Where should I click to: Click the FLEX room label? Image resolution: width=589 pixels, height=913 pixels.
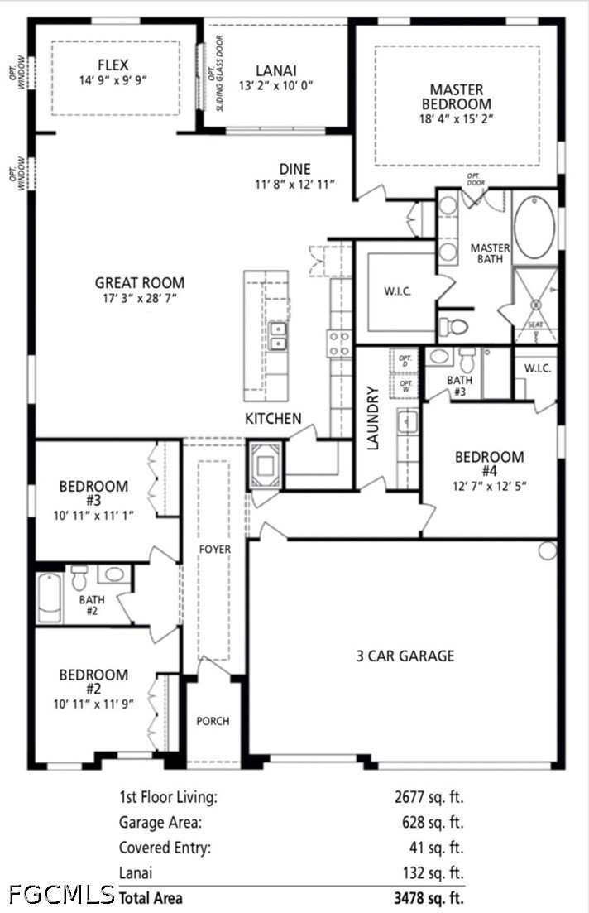[x=113, y=65]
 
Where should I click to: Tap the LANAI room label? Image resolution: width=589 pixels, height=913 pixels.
[x=275, y=70]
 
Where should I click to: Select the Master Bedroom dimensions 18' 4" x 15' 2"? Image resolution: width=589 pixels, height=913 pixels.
[x=457, y=119]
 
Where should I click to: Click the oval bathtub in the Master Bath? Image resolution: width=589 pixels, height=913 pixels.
[x=534, y=228]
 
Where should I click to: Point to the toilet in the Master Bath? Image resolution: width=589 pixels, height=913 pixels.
[x=453, y=326]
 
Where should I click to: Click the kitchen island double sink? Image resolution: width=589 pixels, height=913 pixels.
[x=278, y=336]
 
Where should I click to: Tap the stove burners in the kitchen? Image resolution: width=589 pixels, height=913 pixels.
[x=340, y=343]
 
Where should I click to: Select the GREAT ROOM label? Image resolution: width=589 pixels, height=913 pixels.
[x=140, y=283]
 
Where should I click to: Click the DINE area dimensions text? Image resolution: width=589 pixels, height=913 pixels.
[x=295, y=185]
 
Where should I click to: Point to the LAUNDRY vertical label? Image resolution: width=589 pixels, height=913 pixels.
[x=372, y=418]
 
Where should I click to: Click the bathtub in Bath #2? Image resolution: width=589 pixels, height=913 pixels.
[x=50, y=598]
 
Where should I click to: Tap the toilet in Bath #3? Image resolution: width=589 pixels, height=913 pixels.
[x=467, y=360]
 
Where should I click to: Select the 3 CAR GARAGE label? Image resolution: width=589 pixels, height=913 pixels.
[x=405, y=656]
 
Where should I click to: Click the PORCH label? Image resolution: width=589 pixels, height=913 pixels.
[x=213, y=721]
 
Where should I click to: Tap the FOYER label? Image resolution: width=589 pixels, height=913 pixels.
[x=215, y=549]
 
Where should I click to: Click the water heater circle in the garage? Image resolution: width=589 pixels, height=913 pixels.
[x=547, y=550]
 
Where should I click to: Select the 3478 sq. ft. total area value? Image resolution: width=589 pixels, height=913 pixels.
[x=429, y=897]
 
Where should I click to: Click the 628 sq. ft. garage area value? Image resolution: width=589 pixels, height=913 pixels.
[x=433, y=822]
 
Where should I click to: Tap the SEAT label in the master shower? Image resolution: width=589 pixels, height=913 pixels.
[x=535, y=325]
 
